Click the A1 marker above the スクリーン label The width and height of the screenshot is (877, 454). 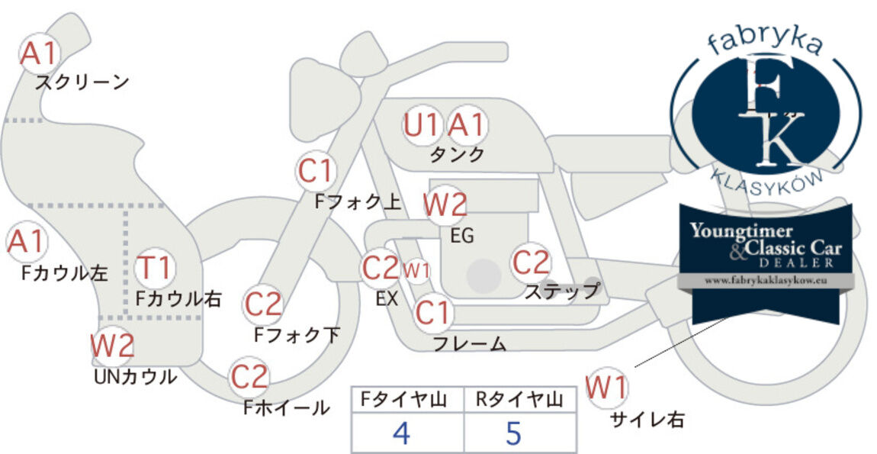(40, 53)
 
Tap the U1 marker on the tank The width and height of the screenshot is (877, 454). (422, 125)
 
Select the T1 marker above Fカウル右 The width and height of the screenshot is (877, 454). (155, 268)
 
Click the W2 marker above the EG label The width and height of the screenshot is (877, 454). (445, 205)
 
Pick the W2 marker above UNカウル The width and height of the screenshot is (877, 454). (112, 346)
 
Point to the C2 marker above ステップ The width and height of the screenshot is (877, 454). (531, 262)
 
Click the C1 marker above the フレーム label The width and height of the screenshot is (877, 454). (432, 313)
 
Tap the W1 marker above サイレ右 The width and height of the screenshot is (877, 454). (607, 387)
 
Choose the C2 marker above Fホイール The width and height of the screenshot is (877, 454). (249, 377)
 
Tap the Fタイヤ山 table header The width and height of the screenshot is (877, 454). (403, 400)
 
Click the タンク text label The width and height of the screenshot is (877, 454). (456, 154)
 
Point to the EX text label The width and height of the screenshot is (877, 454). (387, 299)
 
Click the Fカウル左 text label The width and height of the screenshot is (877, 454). (64, 272)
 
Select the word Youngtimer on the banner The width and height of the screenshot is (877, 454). (741, 231)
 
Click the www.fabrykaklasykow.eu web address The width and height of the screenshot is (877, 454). (766, 281)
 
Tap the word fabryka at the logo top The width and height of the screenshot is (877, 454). (766, 43)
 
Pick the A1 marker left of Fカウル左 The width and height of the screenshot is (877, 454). (27, 242)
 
